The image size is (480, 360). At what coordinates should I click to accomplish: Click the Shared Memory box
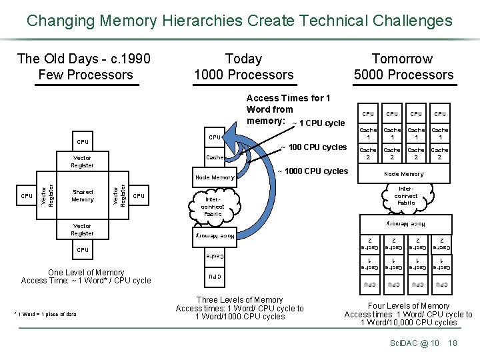[x=83, y=195]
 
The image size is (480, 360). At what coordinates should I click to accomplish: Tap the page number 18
[x=453, y=343]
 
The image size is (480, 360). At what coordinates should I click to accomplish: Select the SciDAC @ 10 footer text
[x=414, y=343]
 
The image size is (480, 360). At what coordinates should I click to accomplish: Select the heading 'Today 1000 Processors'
[x=243, y=67]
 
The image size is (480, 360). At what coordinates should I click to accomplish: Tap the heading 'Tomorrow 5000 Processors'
[x=403, y=67]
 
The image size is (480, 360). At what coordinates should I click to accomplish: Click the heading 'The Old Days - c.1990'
[x=84, y=59]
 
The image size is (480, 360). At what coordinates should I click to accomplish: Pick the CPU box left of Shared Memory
[x=26, y=196]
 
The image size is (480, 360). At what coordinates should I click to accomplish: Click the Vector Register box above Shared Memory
[x=83, y=161]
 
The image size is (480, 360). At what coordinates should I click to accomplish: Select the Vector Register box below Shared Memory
[x=83, y=230]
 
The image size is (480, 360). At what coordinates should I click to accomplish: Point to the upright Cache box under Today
[x=214, y=158]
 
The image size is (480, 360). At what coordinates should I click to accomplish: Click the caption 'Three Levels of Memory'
[x=239, y=300]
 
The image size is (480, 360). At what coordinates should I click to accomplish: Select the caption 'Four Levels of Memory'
[x=408, y=306]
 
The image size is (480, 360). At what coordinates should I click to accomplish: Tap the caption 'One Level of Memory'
[x=86, y=272]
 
